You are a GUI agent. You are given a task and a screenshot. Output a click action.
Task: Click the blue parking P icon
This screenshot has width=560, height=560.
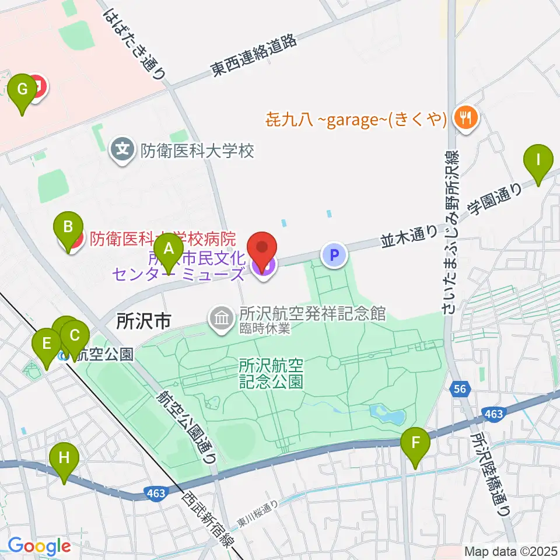[334, 255]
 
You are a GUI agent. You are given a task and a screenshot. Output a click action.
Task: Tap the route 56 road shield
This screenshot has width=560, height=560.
[459, 388]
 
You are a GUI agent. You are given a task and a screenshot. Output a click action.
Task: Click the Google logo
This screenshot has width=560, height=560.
[39, 546]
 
